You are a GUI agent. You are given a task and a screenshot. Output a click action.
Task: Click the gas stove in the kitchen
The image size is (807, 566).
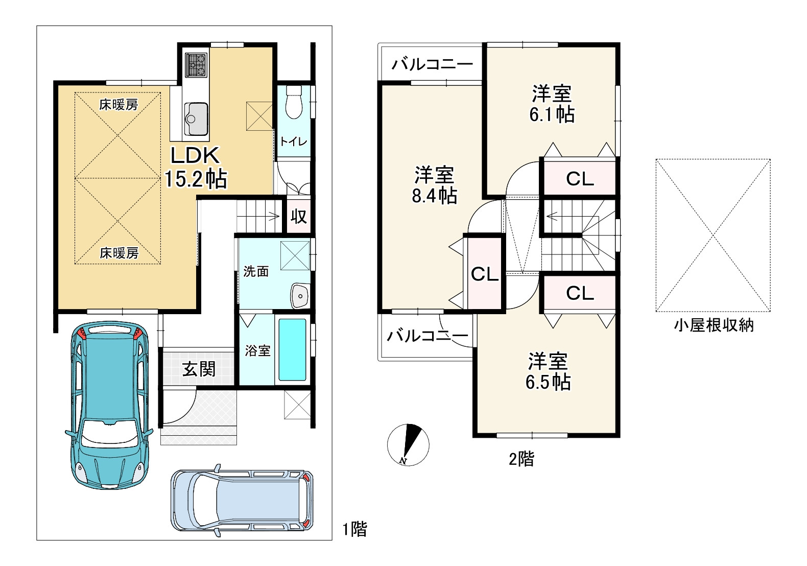pyautogui.click(x=196, y=65)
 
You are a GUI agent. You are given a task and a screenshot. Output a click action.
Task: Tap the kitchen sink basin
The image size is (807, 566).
pyautogui.click(x=196, y=119)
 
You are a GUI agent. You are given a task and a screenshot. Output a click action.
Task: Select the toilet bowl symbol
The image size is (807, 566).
pyautogui.click(x=294, y=102)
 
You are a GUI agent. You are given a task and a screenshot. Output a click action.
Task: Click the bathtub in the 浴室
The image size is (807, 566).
pyautogui.click(x=292, y=349)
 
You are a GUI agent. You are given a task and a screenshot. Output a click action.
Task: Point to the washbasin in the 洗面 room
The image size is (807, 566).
pyautogui.click(x=300, y=296)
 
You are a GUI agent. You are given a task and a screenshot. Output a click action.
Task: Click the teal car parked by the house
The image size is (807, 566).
pyautogui.click(x=109, y=405)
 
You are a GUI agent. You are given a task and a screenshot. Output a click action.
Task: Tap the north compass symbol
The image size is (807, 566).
pyautogui.click(x=408, y=445)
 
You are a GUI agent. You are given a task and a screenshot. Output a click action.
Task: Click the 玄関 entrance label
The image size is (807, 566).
pyautogui.click(x=199, y=369)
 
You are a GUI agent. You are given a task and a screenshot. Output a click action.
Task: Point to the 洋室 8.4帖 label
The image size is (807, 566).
pyautogui.click(x=435, y=185)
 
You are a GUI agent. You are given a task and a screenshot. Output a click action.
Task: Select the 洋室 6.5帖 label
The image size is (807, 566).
pyautogui.click(x=548, y=371)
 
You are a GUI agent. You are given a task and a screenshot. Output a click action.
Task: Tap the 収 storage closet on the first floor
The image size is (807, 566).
pyautogui.click(x=299, y=217)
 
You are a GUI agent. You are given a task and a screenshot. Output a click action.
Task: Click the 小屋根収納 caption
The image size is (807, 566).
pyautogui.click(x=714, y=326)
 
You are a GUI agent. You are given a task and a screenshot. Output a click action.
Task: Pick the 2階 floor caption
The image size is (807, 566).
pyautogui.click(x=521, y=459)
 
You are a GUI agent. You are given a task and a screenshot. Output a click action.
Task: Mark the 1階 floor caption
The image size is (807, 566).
pyautogui.click(x=355, y=530)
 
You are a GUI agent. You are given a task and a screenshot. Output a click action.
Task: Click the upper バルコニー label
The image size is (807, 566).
pyautogui.click(x=432, y=64)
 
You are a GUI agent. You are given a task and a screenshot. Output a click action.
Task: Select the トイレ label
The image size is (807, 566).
pyautogui.click(x=294, y=141)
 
